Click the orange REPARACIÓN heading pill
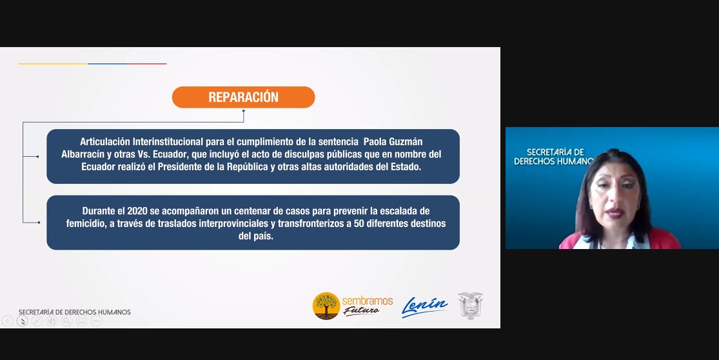pyautogui.click(x=244, y=97)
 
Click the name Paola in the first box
pyautogui.click(x=375, y=142)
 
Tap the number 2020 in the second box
pyautogui.click(x=137, y=211)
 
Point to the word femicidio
pyautogui.click(x=85, y=224)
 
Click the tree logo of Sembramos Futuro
pyautogui.click(x=326, y=306)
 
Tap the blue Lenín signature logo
pyautogui.click(x=424, y=307)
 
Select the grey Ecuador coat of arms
pyautogui.click(x=471, y=305)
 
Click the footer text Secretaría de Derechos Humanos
pyautogui.click(x=75, y=312)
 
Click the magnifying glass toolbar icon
pyautogui.click(x=67, y=321)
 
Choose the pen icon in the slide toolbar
pyautogui.click(x=37, y=321)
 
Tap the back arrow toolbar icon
pyautogui.click(x=7, y=321)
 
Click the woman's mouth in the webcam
pyautogui.click(x=613, y=213)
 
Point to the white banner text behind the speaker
pyautogui.click(x=553, y=156)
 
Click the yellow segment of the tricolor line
pyautogui.click(x=53, y=64)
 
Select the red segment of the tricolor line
pyautogui.click(x=147, y=64)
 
